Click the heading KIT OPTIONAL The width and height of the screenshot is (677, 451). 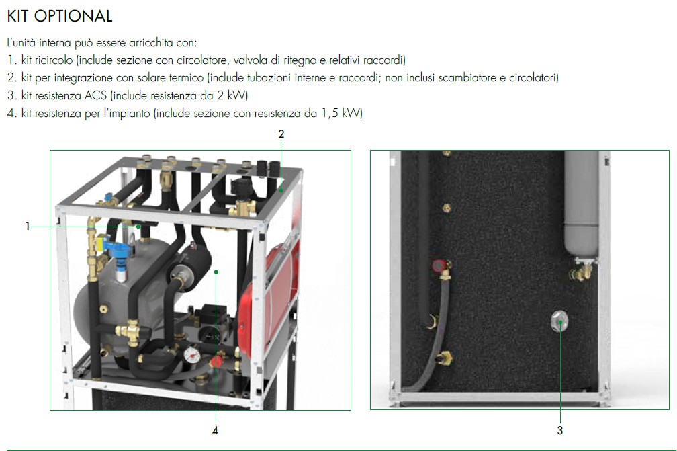pos(60,16)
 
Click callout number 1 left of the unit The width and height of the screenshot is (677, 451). pos(28,226)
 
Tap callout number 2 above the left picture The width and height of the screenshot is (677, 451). pos(281,134)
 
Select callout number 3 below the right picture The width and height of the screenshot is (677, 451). pos(560,430)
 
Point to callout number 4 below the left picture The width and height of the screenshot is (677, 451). pos(215,430)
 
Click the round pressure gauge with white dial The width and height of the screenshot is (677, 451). pos(191,355)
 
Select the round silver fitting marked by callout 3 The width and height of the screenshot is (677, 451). pos(559,321)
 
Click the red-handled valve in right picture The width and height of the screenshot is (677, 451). pos(439,266)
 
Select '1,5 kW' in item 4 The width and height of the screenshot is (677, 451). pos(341,113)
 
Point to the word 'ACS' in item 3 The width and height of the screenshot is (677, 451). pos(95,95)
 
